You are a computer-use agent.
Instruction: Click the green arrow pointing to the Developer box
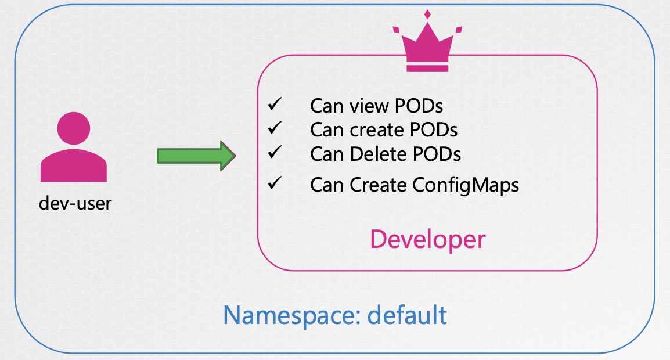click(196, 156)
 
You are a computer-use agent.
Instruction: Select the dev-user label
click(75, 203)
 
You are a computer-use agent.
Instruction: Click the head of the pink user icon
click(74, 128)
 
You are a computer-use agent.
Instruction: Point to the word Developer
click(428, 239)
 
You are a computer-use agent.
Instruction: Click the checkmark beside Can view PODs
click(275, 104)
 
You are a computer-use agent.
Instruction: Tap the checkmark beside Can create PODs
click(275, 127)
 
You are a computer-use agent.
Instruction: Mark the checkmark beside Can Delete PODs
click(275, 152)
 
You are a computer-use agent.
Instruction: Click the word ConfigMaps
click(466, 186)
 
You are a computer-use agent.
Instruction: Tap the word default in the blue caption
click(407, 315)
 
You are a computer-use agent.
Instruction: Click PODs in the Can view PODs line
click(419, 106)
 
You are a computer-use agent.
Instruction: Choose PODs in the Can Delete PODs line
click(436, 154)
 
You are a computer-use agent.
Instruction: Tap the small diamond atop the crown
click(427, 15)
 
